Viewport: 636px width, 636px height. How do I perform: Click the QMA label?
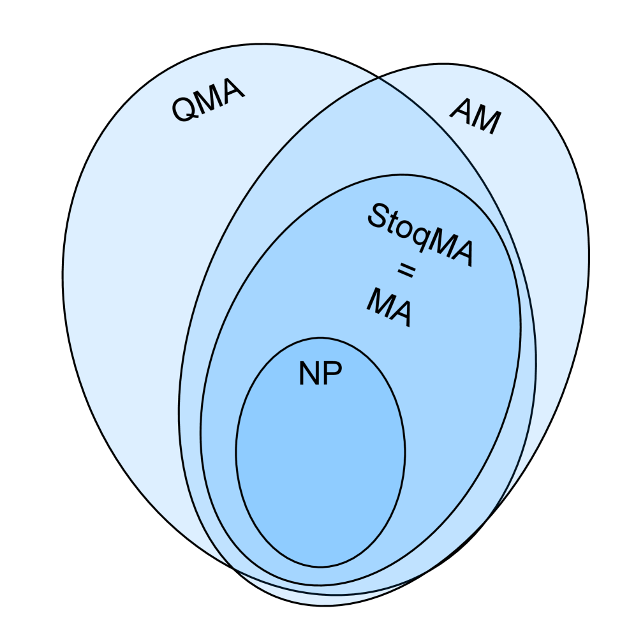[x=208, y=101]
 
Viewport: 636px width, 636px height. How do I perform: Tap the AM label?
[x=476, y=116]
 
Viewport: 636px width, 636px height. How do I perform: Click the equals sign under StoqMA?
[x=406, y=271]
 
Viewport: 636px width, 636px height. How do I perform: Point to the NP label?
[x=320, y=374]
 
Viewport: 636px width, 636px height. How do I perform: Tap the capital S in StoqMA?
[x=376, y=216]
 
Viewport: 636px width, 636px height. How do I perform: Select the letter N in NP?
[x=309, y=374]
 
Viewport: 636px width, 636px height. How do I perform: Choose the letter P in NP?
[x=332, y=374]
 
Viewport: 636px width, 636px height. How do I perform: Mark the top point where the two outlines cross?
[x=380, y=78]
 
